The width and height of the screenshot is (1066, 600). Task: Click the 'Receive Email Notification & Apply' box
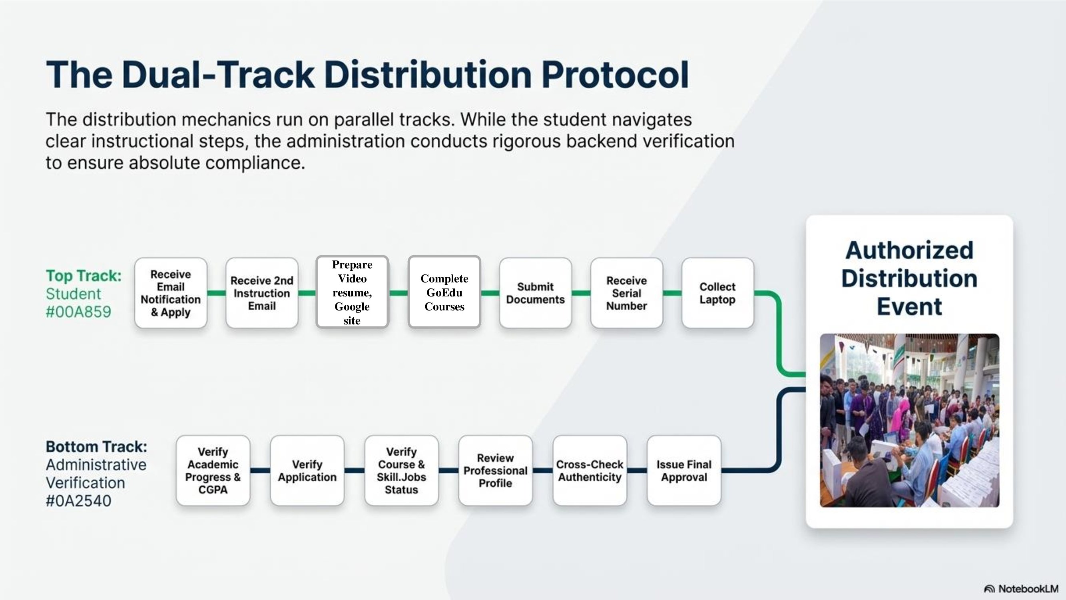171,293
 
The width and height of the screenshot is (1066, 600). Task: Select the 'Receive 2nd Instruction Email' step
261,293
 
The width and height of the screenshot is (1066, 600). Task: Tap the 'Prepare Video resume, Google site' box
352,292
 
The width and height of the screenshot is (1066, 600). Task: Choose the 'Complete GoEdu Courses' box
444,292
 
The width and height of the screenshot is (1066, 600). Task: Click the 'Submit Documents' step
535,293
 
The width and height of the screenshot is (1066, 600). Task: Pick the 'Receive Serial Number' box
626,293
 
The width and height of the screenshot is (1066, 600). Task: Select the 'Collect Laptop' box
717,293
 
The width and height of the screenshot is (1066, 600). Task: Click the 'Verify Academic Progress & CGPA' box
213,470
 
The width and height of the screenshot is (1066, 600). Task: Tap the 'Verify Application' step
307,470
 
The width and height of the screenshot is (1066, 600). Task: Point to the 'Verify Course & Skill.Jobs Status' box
401,470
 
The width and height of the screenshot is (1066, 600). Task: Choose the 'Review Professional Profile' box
495,470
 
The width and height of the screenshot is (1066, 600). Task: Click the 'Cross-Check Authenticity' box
589,470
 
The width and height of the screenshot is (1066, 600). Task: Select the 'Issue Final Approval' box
683,470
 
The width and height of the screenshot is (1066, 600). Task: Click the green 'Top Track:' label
84,276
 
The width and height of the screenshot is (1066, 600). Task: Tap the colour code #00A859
78,312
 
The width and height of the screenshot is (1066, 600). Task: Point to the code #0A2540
78,501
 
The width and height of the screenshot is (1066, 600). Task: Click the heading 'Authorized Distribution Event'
909,278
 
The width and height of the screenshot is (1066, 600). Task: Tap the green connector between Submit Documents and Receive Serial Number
581,293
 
